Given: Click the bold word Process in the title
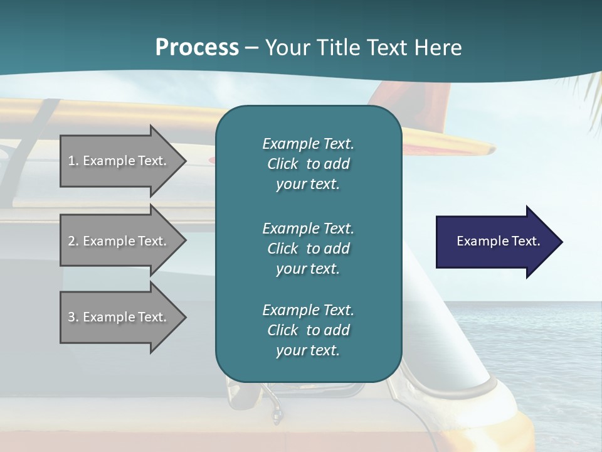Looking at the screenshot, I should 197,48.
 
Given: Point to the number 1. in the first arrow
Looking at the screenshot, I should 73,161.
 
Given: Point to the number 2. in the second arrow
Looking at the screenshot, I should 73,241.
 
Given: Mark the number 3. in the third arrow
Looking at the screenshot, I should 73,317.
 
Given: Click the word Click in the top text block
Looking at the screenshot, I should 282,164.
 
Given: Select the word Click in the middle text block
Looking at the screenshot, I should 282,249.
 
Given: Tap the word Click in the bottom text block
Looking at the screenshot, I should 282,330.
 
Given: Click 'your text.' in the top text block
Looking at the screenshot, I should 307,185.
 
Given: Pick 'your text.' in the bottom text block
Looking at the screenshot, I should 307,351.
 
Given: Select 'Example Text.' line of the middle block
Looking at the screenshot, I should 308,228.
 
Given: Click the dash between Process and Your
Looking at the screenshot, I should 251,48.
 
